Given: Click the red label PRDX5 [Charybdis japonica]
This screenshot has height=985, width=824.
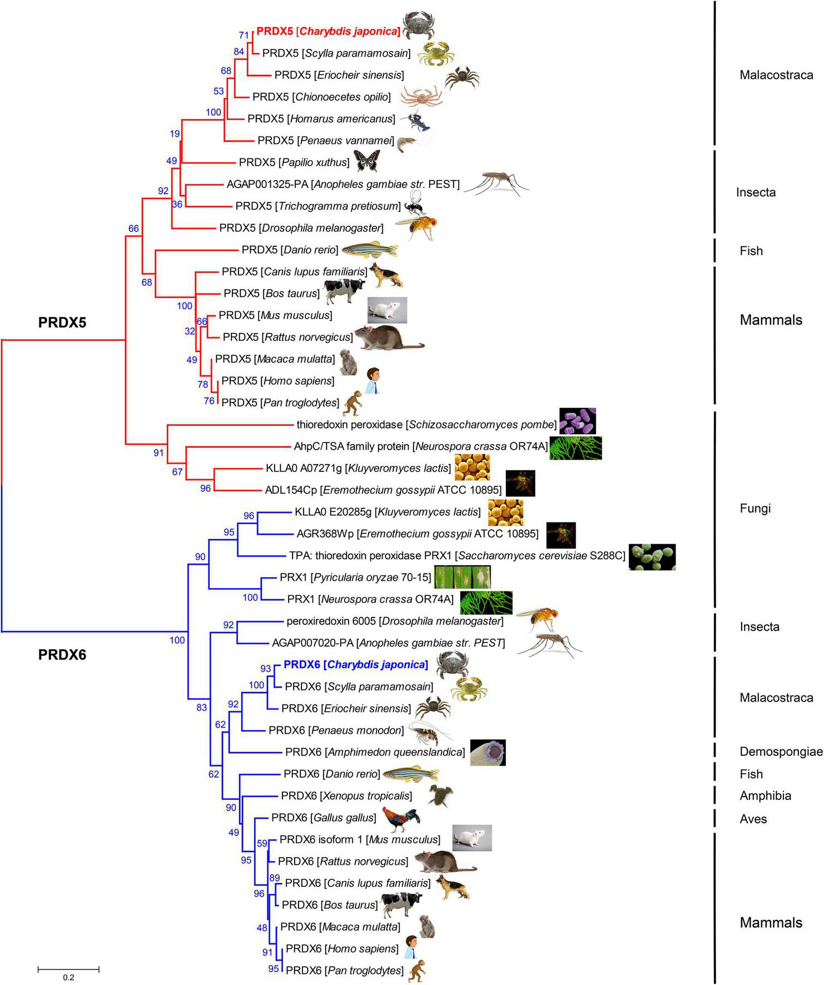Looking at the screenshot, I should click(x=328, y=32).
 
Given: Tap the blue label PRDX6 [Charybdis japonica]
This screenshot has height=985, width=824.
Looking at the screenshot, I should click(x=355, y=665).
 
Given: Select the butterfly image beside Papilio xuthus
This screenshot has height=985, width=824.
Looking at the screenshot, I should click(x=366, y=161).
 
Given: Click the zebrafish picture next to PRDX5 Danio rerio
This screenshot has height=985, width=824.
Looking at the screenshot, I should click(x=370, y=250).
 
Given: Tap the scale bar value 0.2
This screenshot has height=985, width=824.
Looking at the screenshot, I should click(x=68, y=977).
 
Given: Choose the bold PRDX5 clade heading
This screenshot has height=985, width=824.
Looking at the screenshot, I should click(x=62, y=322).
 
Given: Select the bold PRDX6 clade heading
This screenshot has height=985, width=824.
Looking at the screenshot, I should click(x=62, y=655).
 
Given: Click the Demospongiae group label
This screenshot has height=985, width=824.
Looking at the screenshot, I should click(x=781, y=752).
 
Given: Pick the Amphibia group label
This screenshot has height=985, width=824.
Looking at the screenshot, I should click(x=765, y=796).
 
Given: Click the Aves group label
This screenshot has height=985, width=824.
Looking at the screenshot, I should click(x=753, y=819).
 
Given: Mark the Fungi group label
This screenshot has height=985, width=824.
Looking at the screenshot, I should click(x=755, y=509).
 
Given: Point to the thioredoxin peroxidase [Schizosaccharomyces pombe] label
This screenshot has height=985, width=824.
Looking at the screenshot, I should click(x=426, y=425).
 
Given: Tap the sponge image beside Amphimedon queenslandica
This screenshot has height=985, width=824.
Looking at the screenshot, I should click(x=488, y=752).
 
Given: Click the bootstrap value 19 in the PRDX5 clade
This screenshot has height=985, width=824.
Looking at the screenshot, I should click(x=175, y=134).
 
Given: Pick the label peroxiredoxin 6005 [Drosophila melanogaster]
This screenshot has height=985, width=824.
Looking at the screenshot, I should click(x=395, y=621).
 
